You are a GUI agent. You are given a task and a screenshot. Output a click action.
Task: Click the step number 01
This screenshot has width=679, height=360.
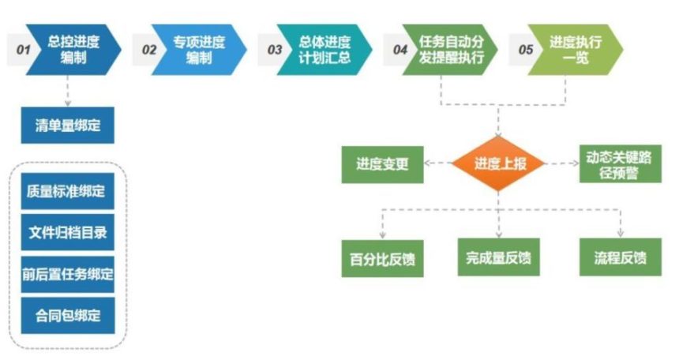click(23, 49)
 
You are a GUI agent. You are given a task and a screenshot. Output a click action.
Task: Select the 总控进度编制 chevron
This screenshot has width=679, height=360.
click(73, 49)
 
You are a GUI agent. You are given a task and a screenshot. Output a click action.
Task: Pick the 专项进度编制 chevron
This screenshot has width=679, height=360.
click(197, 49)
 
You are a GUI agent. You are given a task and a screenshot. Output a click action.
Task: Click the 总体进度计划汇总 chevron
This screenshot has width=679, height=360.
click(324, 49)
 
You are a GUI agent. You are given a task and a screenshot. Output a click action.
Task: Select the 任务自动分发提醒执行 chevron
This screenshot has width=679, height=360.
click(451, 49)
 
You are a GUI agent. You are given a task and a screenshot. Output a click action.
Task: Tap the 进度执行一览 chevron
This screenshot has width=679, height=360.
click(576, 49)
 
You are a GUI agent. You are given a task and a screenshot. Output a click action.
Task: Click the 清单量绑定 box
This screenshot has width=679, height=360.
click(68, 125)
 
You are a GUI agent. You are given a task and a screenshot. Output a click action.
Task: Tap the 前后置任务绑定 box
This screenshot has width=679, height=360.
click(68, 274)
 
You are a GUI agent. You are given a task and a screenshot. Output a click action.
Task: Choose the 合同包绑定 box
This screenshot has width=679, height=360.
click(68, 315)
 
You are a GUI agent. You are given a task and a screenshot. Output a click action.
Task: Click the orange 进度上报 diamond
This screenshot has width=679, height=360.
click(499, 163)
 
